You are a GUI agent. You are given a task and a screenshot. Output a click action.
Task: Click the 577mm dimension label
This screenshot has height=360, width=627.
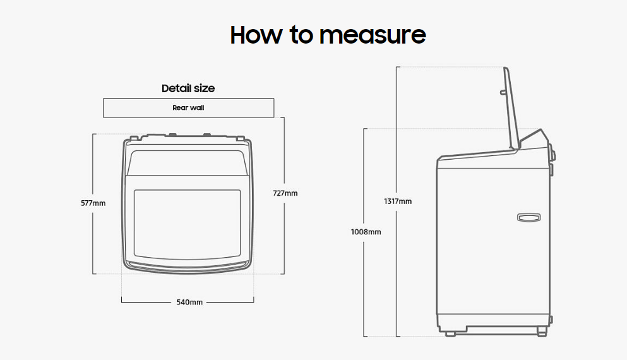(x=93, y=203)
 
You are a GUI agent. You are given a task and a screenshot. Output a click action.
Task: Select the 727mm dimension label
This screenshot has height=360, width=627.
(x=285, y=193)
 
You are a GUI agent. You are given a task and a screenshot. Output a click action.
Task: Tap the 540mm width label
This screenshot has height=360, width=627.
(x=189, y=303)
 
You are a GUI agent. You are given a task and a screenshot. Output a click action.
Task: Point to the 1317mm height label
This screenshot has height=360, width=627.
(x=397, y=201)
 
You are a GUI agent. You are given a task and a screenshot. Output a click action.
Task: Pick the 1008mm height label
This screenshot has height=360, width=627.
(x=366, y=232)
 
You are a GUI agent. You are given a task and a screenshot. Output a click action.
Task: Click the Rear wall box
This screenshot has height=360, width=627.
(x=188, y=108)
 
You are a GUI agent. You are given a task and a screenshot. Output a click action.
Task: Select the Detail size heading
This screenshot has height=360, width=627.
(x=188, y=88)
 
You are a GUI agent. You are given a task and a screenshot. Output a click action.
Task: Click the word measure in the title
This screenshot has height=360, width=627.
(x=372, y=35)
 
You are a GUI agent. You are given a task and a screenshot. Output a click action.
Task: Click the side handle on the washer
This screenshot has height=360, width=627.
(x=528, y=217)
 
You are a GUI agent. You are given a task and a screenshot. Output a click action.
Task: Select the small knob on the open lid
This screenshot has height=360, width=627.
(x=502, y=93)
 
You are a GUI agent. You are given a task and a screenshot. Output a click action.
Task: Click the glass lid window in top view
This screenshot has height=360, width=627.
(x=187, y=224)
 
